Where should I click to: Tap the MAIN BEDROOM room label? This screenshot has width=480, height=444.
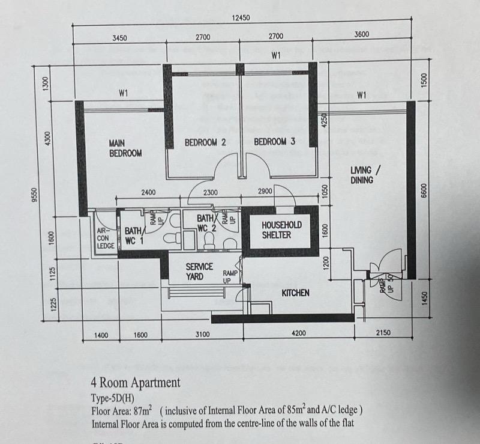(125, 148)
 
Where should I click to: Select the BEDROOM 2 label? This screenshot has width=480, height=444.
(205, 142)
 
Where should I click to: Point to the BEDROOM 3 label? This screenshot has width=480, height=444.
(274, 142)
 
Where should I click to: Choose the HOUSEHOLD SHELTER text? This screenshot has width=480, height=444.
(281, 230)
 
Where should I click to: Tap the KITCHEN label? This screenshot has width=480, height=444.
(296, 293)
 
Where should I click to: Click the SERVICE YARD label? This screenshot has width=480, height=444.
(199, 272)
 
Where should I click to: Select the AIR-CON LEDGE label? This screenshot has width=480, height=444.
(105, 237)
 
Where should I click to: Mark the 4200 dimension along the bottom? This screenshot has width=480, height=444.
(298, 334)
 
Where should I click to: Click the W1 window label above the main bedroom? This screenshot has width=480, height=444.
(124, 93)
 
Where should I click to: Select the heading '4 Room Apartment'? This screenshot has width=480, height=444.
(135, 382)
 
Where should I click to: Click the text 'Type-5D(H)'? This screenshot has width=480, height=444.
(112, 398)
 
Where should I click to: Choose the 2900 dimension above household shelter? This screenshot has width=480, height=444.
(265, 191)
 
